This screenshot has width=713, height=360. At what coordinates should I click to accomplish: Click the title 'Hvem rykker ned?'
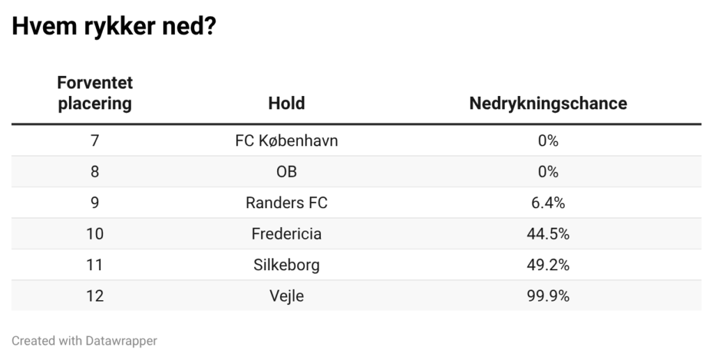coord(114,28)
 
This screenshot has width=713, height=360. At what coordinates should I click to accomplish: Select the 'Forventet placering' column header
coord(95,93)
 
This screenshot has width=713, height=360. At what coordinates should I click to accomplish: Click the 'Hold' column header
coord(286,104)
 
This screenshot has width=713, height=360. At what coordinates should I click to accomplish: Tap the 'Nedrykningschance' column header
coord(548,104)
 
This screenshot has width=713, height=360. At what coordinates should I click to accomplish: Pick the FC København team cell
coord(286,141)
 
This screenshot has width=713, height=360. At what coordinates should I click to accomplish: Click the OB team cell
coord(286,172)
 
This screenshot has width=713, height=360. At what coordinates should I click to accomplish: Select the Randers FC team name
coord(286,203)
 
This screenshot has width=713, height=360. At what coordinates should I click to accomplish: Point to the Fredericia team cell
coord(286,234)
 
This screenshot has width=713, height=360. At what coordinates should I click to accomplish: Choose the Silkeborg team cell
coord(286,265)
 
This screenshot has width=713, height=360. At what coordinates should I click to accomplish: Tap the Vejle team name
coord(286,296)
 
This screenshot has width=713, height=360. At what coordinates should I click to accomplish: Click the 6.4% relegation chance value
coord(548,203)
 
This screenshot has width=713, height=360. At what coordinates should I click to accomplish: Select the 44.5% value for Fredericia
coord(548,234)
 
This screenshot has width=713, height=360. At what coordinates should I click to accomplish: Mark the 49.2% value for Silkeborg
coord(548,265)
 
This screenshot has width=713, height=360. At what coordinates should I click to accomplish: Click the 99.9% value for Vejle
coord(548,296)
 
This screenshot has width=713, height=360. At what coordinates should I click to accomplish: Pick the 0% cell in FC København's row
coord(548,141)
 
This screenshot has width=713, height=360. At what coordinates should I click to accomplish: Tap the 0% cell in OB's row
coord(548,172)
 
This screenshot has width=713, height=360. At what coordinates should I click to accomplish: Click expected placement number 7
coord(95,141)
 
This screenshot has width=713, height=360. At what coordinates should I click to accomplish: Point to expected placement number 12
coord(95,296)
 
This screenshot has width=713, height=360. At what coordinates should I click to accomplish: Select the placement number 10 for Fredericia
coord(95,234)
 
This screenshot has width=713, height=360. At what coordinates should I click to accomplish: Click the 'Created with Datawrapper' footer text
coord(84,341)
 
